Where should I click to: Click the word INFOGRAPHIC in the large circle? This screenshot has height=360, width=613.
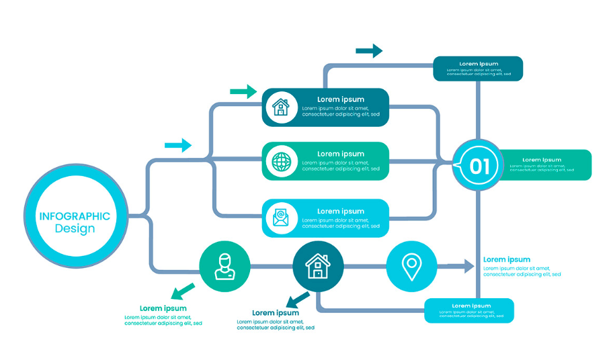pos(75,216)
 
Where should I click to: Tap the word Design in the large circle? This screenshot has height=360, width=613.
pos(75,228)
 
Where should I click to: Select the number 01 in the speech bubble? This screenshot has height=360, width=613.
pos(479,167)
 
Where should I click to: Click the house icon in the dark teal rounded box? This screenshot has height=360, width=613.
pos(281,107)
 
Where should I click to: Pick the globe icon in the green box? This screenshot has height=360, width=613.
pos(282,162)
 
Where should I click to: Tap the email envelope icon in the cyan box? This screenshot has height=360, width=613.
pos(281,218)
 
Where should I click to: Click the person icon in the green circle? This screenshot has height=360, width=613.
pos(224,267)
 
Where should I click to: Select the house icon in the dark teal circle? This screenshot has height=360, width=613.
pos(318,266)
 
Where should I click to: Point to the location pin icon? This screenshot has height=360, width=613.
pos(411,267)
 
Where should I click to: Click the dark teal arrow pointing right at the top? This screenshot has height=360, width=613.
pos(369,51)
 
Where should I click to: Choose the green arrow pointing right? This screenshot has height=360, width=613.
pos(243,92)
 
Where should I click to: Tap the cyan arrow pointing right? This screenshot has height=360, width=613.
pos(178,145)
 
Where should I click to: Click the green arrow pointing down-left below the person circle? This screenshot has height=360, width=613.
pos(183,291)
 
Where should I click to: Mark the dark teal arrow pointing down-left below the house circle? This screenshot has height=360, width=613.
pos(298,300)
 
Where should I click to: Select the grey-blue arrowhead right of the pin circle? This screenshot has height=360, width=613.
pos(469,266)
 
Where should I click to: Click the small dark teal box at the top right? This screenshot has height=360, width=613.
pos(478,69)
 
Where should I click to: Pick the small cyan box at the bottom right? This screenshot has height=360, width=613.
pos(469,311)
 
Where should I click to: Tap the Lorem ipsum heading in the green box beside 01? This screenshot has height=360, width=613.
pos(542,160)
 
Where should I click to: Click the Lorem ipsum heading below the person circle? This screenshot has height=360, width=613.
pos(163,308)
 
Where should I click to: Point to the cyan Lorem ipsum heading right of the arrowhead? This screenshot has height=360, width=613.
pos(507,260)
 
